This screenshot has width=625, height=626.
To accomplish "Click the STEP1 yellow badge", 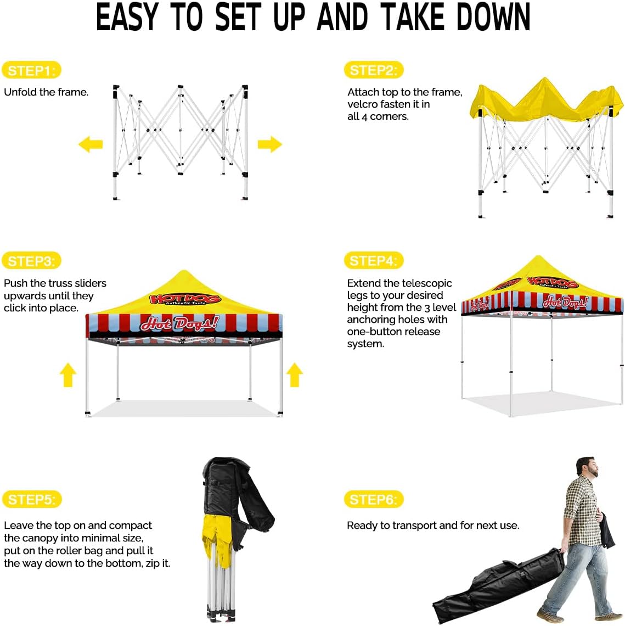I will (31, 70).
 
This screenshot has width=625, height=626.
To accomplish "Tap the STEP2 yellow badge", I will (373, 70).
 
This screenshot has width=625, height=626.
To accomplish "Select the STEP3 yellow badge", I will (31, 261).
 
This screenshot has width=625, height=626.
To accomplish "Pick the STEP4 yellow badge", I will (373, 261).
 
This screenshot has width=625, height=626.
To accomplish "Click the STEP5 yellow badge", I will (31, 500).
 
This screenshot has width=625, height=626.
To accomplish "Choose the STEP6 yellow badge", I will (373, 500).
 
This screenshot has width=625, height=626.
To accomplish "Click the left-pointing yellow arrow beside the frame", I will (91, 144).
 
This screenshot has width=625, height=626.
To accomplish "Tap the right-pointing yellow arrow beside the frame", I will (269, 144).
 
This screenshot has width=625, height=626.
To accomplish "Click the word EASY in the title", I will (127, 18).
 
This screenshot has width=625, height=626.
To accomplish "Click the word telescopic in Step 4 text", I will (426, 283).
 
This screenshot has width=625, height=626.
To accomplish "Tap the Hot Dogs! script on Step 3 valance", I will (179, 323).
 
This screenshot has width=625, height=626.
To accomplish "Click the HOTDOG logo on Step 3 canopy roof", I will (185, 299).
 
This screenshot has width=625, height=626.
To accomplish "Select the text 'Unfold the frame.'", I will (46, 92).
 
